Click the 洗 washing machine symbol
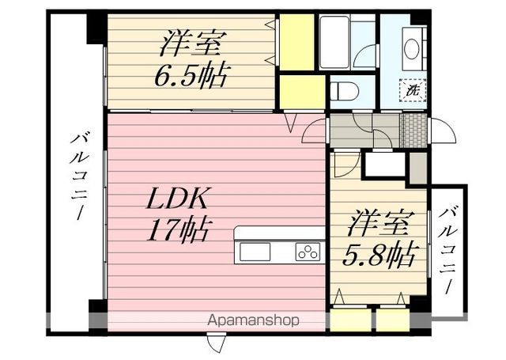click(x=412, y=91)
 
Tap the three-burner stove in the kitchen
click(x=307, y=252)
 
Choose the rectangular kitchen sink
click(x=255, y=252)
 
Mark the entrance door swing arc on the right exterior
click(x=444, y=132)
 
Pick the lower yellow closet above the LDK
click(x=300, y=92)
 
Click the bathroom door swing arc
click(x=365, y=57)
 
